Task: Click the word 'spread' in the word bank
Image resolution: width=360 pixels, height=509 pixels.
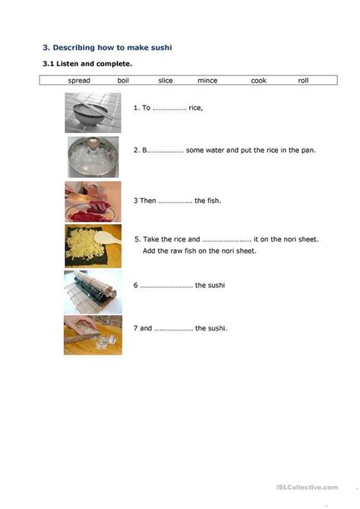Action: [79, 80]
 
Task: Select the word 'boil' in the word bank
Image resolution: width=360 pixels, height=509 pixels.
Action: [123, 80]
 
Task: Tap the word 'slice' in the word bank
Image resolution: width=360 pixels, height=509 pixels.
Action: [166, 80]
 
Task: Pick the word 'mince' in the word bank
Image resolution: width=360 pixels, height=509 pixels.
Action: [207, 80]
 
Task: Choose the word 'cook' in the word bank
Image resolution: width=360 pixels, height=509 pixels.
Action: [259, 80]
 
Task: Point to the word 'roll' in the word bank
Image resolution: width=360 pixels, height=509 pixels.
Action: [304, 80]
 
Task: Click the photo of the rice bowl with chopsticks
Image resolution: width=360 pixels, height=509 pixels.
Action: [93, 112]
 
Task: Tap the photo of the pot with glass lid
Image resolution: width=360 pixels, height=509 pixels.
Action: [93, 157]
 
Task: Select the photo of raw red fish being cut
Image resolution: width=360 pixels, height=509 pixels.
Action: [93, 201]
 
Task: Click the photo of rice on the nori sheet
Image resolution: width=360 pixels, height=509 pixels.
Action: [93, 246]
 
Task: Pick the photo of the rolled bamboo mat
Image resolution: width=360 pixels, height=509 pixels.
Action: [93, 290]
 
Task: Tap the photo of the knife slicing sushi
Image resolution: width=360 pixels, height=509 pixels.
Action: [93, 335]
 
